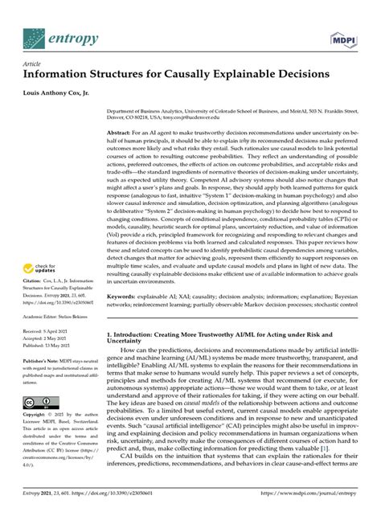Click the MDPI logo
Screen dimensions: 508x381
tap(343, 39)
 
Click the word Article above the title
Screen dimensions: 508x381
tap(32, 64)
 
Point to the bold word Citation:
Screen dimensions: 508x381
tap(35, 260)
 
